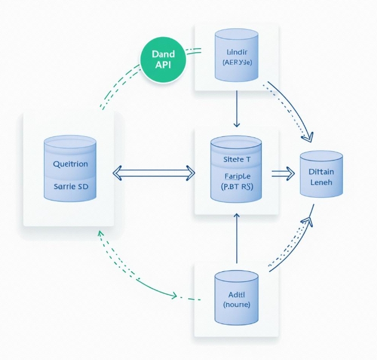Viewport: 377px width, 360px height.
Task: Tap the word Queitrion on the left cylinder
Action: click(x=70, y=163)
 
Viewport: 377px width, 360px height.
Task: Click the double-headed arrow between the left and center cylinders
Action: click(x=153, y=172)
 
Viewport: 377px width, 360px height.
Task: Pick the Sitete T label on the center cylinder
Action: click(x=236, y=158)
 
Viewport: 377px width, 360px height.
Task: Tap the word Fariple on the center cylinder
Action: click(x=236, y=176)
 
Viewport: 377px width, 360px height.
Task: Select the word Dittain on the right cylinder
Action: click(x=321, y=172)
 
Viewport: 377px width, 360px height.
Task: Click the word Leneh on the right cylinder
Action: click(x=321, y=183)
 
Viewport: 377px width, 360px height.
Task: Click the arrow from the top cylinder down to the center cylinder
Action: click(x=236, y=110)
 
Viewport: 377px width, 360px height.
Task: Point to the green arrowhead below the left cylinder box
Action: click(x=100, y=233)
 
